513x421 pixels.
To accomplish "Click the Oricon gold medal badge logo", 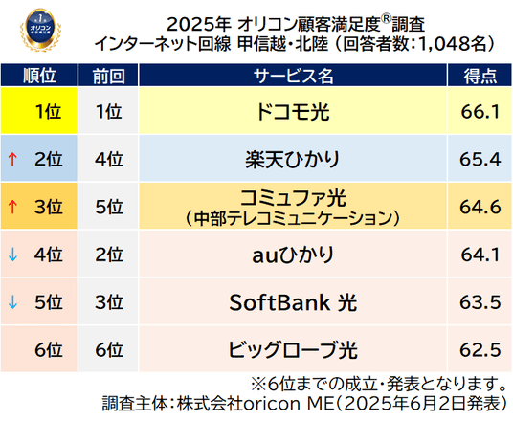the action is click(x=40, y=30).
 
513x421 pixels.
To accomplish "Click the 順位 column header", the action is click(x=39, y=76).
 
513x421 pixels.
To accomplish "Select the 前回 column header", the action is click(x=108, y=76).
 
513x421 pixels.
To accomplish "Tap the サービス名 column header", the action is click(x=293, y=76).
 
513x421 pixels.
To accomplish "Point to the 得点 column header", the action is click(x=480, y=76).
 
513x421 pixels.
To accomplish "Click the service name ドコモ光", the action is click(x=293, y=112).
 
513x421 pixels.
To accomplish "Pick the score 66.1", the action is click(x=480, y=112).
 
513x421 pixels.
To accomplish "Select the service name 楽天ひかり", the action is click(x=293, y=159).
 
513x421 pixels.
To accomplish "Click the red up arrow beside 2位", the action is click(x=12, y=159).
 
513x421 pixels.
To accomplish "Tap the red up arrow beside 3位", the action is click(x=12, y=207).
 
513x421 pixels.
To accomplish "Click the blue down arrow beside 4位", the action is click(x=12, y=255).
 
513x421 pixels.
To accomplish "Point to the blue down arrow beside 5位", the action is click(x=12, y=302).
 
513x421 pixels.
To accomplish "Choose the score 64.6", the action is click(x=480, y=207).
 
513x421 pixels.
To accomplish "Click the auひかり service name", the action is click(x=293, y=255).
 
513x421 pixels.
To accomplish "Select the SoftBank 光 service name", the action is click(x=293, y=302).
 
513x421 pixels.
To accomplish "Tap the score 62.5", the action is click(x=480, y=349).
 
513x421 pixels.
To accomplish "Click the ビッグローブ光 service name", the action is click(x=293, y=349).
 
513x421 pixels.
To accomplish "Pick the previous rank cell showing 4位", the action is click(x=109, y=159).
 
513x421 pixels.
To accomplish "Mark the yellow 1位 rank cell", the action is click(x=39, y=111).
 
